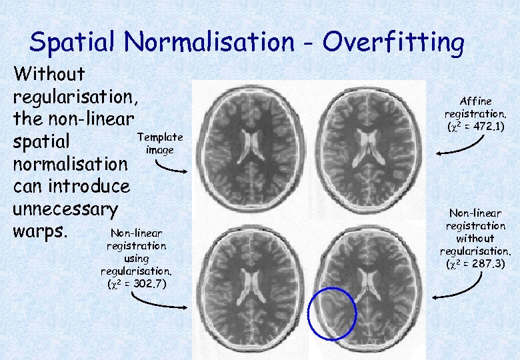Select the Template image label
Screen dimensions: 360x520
tap(159, 143)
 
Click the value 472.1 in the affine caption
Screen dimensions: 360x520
tap(488, 126)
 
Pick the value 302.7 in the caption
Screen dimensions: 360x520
tap(149, 284)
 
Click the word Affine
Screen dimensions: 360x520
tap(475, 101)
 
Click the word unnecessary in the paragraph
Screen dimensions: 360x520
tap(65, 209)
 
